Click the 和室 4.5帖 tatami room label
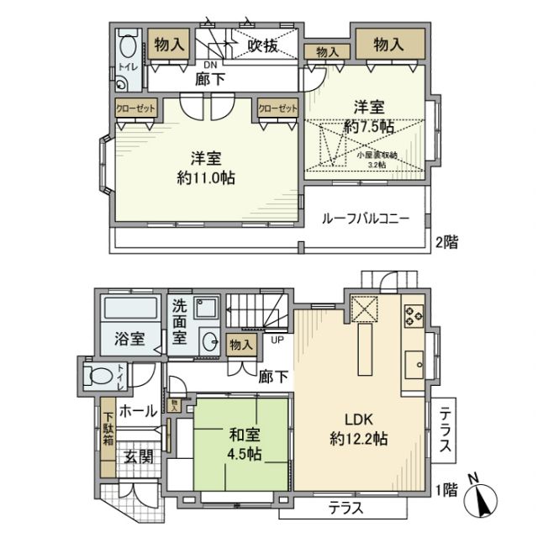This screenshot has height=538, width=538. [x=242, y=444]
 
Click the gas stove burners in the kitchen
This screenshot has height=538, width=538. [x=414, y=316]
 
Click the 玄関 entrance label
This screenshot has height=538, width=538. [x=139, y=457]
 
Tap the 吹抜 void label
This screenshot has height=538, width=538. [x=262, y=46]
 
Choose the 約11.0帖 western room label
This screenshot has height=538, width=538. [x=206, y=168]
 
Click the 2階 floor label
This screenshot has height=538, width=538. [x=446, y=242]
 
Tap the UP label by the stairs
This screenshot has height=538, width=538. [x=276, y=340]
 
